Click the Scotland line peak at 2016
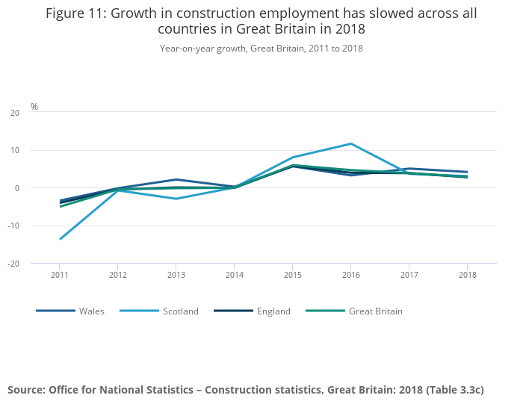[350, 143]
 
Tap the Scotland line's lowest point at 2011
[60, 239]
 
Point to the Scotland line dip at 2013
[176, 199]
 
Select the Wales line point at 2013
[176, 179]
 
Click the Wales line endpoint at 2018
[467, 172]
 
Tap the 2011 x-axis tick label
[60, 275]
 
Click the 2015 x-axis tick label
[292, 275]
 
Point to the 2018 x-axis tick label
[467, 275]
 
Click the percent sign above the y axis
[34, 107]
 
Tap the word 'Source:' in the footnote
[26, 390]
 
